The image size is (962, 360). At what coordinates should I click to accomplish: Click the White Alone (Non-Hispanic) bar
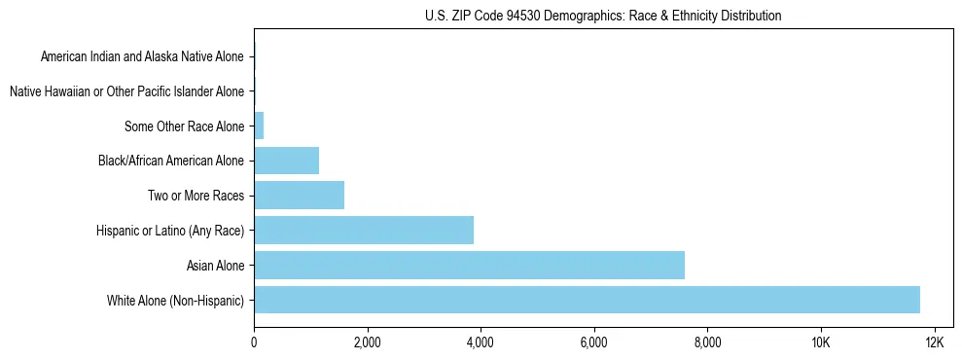(587, 300)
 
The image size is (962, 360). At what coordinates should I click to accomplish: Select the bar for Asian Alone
(469, 265)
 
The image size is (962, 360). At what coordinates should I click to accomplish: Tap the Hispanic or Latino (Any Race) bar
(364, 231)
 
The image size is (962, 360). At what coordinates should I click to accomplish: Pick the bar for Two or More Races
(299, 196)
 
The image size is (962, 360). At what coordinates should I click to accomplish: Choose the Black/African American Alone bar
(286, 161)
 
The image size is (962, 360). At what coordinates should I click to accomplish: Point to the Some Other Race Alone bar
(259, 126)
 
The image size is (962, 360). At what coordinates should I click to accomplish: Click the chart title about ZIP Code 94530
(603, 16)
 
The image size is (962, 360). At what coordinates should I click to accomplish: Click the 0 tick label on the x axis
(254, 342)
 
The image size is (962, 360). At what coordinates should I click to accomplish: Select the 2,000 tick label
(367, 342)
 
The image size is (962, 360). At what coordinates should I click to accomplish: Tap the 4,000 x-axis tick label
(481, 342)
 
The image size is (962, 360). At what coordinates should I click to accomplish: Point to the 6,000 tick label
(593, 342)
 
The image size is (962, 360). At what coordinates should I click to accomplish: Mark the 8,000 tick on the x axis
(707, 342)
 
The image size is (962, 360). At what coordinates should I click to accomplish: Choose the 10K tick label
(820, 342)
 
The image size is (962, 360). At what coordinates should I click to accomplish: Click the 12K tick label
(934, 342)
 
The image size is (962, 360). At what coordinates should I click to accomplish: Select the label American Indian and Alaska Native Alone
(142, 56)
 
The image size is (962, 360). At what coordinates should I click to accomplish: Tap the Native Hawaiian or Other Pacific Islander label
(126, 91)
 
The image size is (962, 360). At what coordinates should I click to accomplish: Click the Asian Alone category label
(215, 265)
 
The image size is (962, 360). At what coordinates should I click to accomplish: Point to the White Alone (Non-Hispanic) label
(176, 300)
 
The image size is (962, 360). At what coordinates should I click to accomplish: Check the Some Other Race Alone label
(184, 126)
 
